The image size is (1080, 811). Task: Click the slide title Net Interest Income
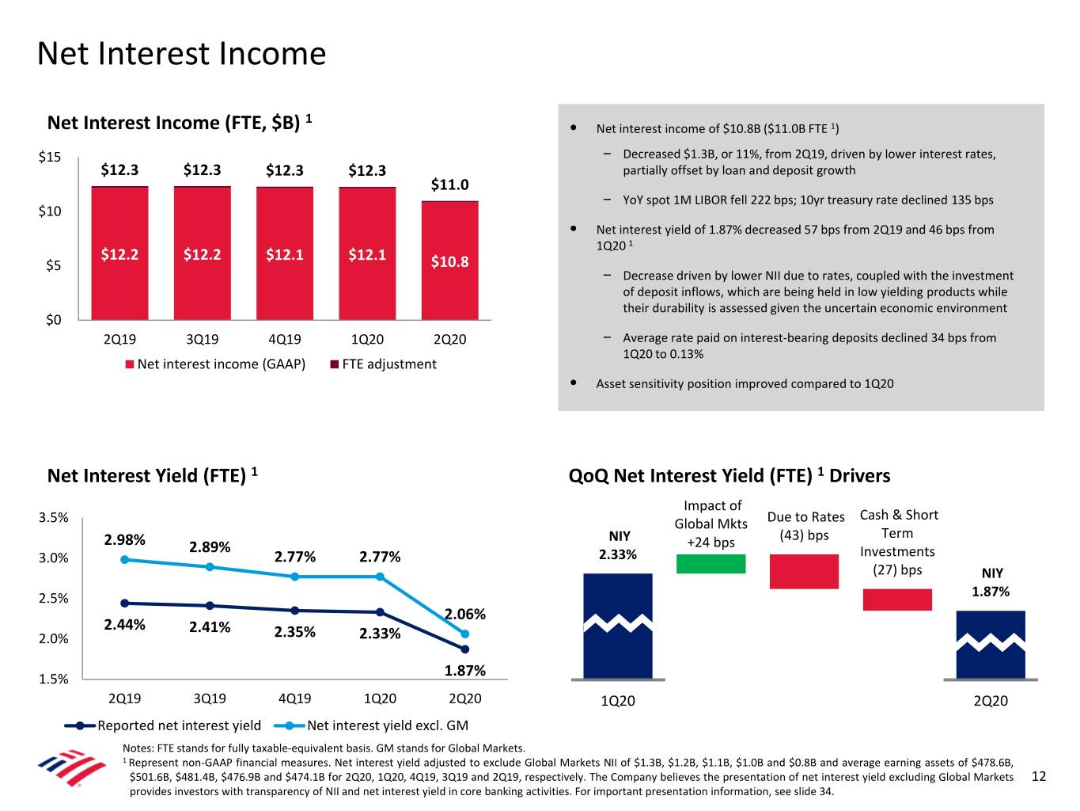(181, 54)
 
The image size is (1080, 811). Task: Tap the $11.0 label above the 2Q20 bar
(449, 185)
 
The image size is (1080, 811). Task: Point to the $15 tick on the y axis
(50, 157)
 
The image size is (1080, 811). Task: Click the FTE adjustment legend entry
(383, 364)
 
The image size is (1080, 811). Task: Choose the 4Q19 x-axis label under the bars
(284, 340)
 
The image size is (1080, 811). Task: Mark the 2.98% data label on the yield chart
(124, 540)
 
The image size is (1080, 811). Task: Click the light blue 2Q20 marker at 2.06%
(465, 634)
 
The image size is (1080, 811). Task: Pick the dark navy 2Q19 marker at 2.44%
(124, 603)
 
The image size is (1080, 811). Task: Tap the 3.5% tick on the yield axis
(53, 518)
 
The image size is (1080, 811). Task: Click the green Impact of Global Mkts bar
(711, 563)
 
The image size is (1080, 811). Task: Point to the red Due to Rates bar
(804, 571)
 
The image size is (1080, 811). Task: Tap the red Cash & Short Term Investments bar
(897, 600)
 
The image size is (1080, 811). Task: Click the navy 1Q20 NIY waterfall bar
(617, 626)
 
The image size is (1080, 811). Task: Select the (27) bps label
(897, 569)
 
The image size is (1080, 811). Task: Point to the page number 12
(1039, 776)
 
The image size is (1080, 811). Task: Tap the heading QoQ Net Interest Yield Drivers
(729, 476)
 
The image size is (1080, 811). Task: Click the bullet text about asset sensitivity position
(745, 384)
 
